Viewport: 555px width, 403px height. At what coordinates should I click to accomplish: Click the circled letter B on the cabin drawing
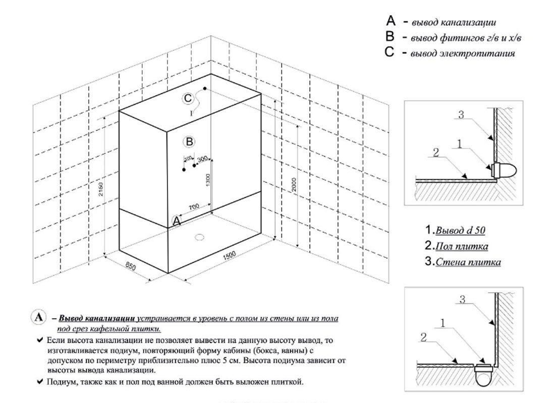pyautogui.click(x=189, y=142)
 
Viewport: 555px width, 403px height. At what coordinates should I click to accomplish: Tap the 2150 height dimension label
pyautogui.click(x=101, y=189)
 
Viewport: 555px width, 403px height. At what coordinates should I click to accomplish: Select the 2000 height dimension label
pyautogui.click(x=294, y=185)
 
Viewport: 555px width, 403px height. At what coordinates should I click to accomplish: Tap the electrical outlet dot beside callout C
pyautogui.click(x=204, y=89)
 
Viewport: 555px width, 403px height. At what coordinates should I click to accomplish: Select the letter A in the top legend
pyautogui.click(x=390, y=21)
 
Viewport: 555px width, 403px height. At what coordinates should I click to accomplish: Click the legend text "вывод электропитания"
pyautogui.click(x=463, y=53)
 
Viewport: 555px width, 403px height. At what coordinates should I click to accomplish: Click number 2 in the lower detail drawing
pyautogui.click(x=424, y=338)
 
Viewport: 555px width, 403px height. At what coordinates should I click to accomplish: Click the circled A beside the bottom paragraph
pyautogui.click(x=39, y=318)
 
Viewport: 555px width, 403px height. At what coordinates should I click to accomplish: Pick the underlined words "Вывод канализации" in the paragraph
pyautogui.click(x=96, y=319)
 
